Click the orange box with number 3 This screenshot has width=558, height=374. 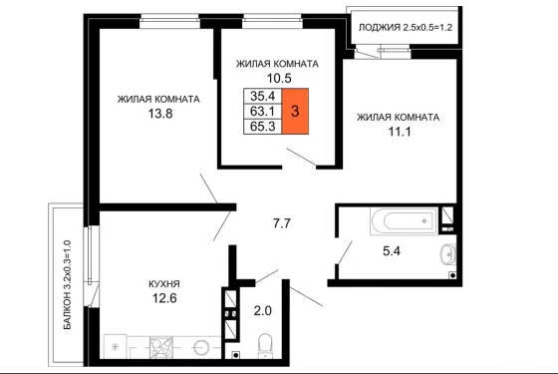pos(295,111)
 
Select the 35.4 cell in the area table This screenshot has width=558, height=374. pos(263,96)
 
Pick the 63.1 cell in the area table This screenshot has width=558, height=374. pos(263,111)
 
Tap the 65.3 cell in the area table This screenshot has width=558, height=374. pos(263,127)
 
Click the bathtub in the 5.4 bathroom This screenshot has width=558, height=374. pos(404,221)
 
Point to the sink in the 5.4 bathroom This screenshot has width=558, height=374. pos(448,254)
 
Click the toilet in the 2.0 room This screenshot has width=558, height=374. pos(264,346)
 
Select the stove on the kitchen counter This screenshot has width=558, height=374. pos(161,347)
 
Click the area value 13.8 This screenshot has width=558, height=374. pos(160,114)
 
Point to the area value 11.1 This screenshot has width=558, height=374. pos(400,132)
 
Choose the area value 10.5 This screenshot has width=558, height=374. pos(279,78)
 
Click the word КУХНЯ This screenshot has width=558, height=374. pos(164,284)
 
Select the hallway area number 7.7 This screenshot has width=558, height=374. pos(281,223)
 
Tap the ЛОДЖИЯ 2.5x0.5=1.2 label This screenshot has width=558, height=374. pos(406,28)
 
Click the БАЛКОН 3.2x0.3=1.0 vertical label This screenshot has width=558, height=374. pos(68,285)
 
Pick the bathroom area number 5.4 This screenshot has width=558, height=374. pos(392,251)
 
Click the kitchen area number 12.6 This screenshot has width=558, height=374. pos(164,298)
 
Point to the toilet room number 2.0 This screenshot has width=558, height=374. pos(263,311)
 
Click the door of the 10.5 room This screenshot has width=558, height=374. pos(301,157)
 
